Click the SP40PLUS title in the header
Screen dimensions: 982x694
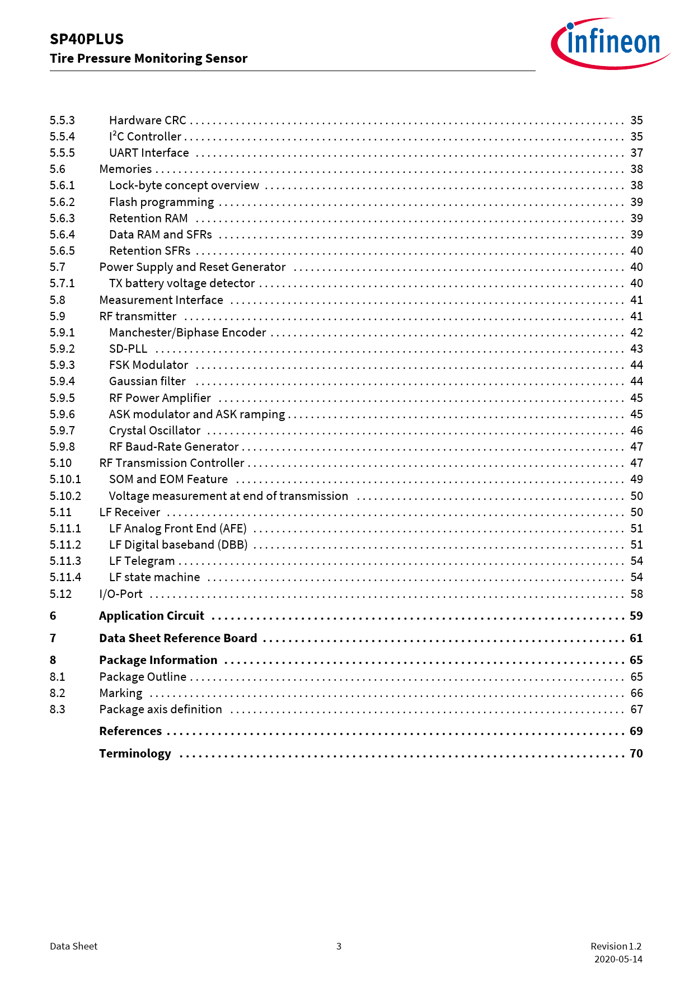[87, 39]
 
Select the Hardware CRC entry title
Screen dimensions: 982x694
[148, 120]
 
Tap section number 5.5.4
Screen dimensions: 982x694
[62, 137]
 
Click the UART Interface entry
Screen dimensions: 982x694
[149, 153]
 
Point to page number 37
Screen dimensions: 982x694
[636, 153]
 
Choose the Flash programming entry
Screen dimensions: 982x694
[161, 202]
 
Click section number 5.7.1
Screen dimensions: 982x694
[62, 283]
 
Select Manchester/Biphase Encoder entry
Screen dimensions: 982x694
[187, 333]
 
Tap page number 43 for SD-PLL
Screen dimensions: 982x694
[636, 349]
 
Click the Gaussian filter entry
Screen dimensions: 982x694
[147, 381]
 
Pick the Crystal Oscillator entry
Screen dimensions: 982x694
[154, 431]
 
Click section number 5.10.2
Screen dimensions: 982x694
[65, 496]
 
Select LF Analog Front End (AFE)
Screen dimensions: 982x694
[178, 529]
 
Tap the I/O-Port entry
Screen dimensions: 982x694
[121, 594]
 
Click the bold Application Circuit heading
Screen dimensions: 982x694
[152, 616]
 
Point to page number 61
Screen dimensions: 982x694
[636, 638]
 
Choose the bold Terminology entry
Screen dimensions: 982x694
[135, 754]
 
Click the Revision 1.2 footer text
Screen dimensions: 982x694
[616, 946]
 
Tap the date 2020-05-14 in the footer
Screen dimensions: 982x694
[618, 959]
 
